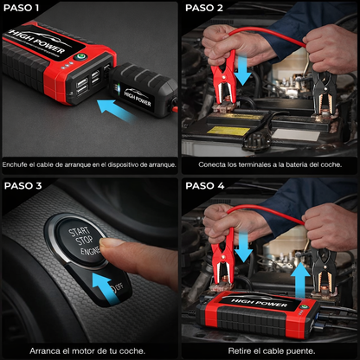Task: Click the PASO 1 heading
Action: pos(23,8)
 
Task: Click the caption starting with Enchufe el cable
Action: pos(90,164)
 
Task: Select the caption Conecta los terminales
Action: pos(270,164)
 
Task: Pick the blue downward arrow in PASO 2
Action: pos(244,72)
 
